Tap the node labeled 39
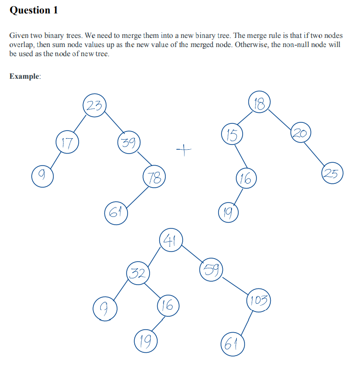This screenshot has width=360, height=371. coord(128,143)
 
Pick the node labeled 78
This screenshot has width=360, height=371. coord(154,179)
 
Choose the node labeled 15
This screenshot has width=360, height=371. coord(232,135)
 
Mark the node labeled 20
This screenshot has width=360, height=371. coord(301,132)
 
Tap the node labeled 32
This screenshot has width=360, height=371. coord(138,274)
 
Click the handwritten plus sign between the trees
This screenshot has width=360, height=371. coord(183,152)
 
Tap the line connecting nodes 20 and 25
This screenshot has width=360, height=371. coord(317,152)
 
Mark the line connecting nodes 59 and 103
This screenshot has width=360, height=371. coord(235,284)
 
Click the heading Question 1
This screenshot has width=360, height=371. coord(34,10)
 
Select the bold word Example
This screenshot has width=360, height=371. coord(25,76)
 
